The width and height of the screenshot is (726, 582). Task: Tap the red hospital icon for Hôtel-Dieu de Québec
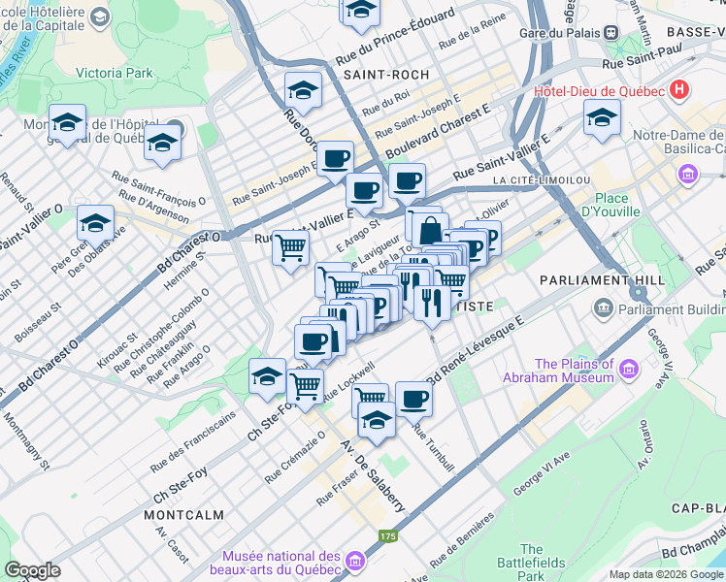(679, 91)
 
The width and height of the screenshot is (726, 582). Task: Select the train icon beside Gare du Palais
(611, 32)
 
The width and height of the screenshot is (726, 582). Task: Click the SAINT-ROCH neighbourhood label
(397, 74)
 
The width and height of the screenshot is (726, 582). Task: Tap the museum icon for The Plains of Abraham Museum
(629, 369)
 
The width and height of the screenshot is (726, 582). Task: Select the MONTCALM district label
(183, 515)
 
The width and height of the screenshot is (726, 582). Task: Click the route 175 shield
(388, 535)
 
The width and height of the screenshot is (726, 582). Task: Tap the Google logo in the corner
(32, 570)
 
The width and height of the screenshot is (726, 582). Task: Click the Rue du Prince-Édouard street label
(395, 39)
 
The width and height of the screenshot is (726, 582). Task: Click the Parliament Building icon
(604, 309)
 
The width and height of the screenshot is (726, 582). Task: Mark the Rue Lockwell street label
(348, 381)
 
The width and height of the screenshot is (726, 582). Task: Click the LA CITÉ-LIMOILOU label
(541, 180)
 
